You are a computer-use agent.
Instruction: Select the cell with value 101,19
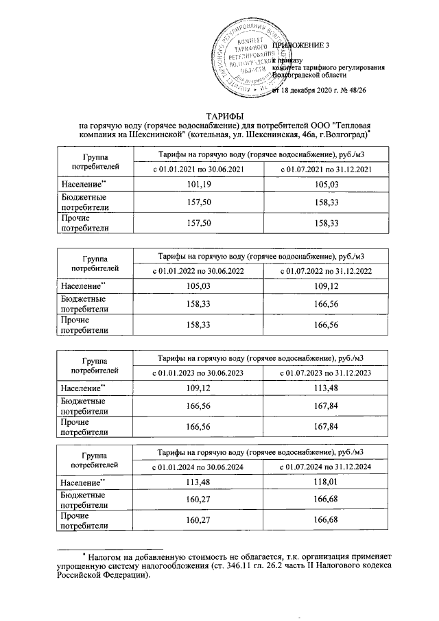pos(198,185)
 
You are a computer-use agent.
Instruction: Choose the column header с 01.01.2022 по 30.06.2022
pos(198,272)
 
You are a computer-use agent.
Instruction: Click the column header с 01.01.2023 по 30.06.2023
pos(198,373)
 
